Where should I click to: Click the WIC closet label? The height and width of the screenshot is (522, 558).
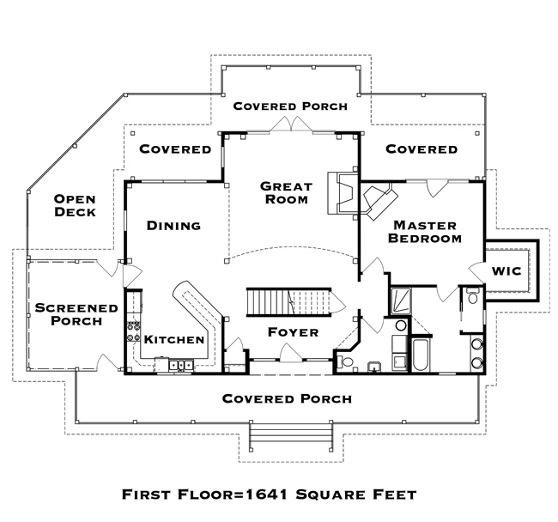click(x=506, y=271)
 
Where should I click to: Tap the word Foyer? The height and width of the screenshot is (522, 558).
click(x=294, y=332)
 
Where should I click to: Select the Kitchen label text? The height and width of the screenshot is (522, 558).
click(x=174, y=340)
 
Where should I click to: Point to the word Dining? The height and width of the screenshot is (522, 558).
click(x=173, y=226)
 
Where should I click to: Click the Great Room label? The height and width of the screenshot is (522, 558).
click(x=286, y=192)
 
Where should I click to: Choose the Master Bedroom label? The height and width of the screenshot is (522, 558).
click(x=425, y=232)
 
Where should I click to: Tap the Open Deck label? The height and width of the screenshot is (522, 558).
click(x=75, y=206)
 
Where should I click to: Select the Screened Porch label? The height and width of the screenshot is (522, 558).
click(x=76, y=314)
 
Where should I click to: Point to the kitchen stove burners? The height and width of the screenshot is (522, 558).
click(x=133, y=331)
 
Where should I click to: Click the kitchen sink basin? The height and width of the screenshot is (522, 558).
click(x=181, y=366)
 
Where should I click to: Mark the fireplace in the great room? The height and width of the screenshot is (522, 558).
click(x=343, y=193)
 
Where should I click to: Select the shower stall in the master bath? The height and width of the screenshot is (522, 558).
click(x=401, y=301)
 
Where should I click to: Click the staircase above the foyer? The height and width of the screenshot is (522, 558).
click(x=295, y=302)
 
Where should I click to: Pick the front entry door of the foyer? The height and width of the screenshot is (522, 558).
click(x=292, y=353)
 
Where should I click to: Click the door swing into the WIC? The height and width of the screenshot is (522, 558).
click(x=476, y=272)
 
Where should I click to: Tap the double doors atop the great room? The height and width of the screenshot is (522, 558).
click(x=292, y=124)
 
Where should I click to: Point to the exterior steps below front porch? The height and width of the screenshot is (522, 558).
click(x=291, y=436)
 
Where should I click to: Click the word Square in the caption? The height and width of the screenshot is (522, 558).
click(x=331, y=495)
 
